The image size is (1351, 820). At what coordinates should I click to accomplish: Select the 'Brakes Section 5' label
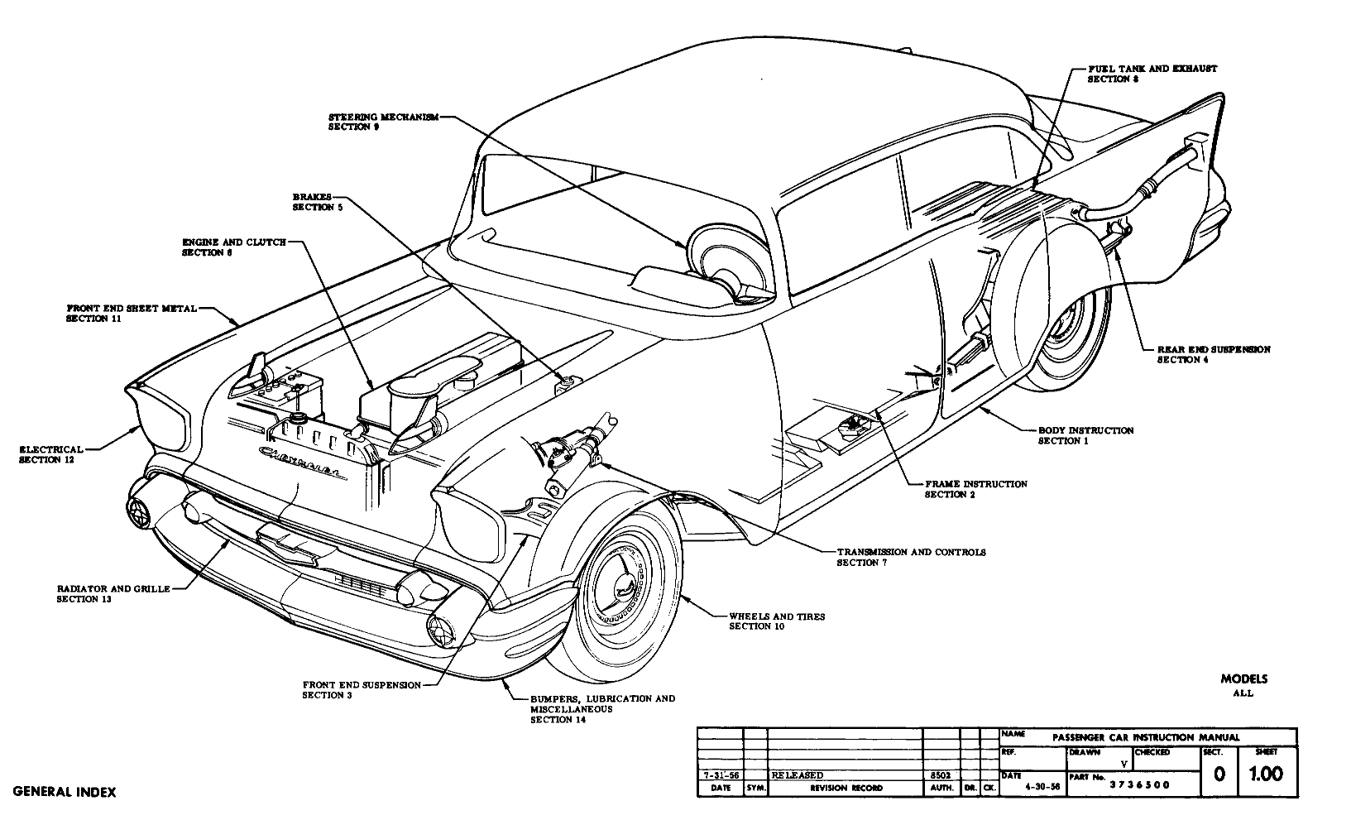312,202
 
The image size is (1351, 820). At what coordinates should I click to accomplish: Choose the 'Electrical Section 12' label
51,454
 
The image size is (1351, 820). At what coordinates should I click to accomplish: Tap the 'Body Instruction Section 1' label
1085,435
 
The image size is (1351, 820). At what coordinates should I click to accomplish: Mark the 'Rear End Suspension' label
1213,354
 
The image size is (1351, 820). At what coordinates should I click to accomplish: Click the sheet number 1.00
1266,774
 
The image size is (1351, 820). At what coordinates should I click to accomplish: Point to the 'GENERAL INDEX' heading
65,792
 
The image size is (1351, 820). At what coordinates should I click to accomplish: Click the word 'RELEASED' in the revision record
797,775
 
